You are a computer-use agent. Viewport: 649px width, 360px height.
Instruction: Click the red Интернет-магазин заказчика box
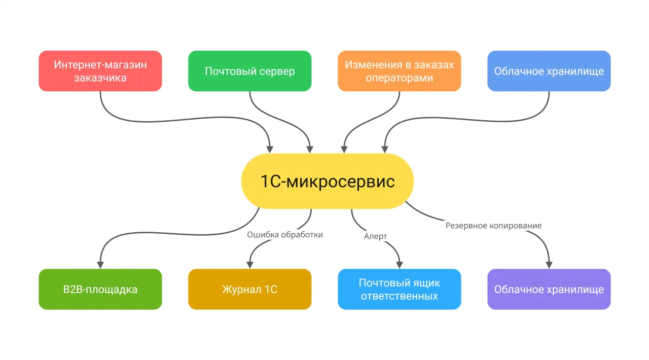[100, 71]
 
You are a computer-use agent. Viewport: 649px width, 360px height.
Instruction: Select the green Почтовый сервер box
[249, 71]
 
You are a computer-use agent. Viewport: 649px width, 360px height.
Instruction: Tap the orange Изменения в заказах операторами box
[399, 71]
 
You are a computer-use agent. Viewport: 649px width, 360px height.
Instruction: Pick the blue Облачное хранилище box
[549, 71]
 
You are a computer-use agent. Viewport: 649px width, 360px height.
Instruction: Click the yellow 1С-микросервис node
[327, 182]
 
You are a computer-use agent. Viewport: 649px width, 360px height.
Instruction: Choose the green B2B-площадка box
[100, 289]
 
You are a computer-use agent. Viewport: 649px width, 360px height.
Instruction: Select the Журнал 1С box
[249, 289]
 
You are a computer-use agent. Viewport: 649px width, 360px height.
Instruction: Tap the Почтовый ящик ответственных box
[399, 289]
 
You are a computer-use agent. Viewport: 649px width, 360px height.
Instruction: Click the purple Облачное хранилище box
[549, 289]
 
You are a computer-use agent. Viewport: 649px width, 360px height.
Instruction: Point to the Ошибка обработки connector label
[284, 235]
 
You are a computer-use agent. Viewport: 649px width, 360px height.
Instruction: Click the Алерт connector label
[375, 236]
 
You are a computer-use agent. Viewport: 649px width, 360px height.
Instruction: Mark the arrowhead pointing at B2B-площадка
[100, 264]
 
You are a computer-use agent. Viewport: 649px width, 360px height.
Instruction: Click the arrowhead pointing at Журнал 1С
[249, 264]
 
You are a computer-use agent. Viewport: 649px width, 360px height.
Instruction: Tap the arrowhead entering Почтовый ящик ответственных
[399, 264]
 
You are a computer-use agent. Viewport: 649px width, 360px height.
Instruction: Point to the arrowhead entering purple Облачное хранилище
[549, 264]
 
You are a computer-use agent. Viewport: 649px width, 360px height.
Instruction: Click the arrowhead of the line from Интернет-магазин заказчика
[270, 149]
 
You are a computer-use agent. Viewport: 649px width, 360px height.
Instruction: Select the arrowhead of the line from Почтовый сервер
[310, 149]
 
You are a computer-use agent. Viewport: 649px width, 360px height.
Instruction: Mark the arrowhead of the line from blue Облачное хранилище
[385, 149]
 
